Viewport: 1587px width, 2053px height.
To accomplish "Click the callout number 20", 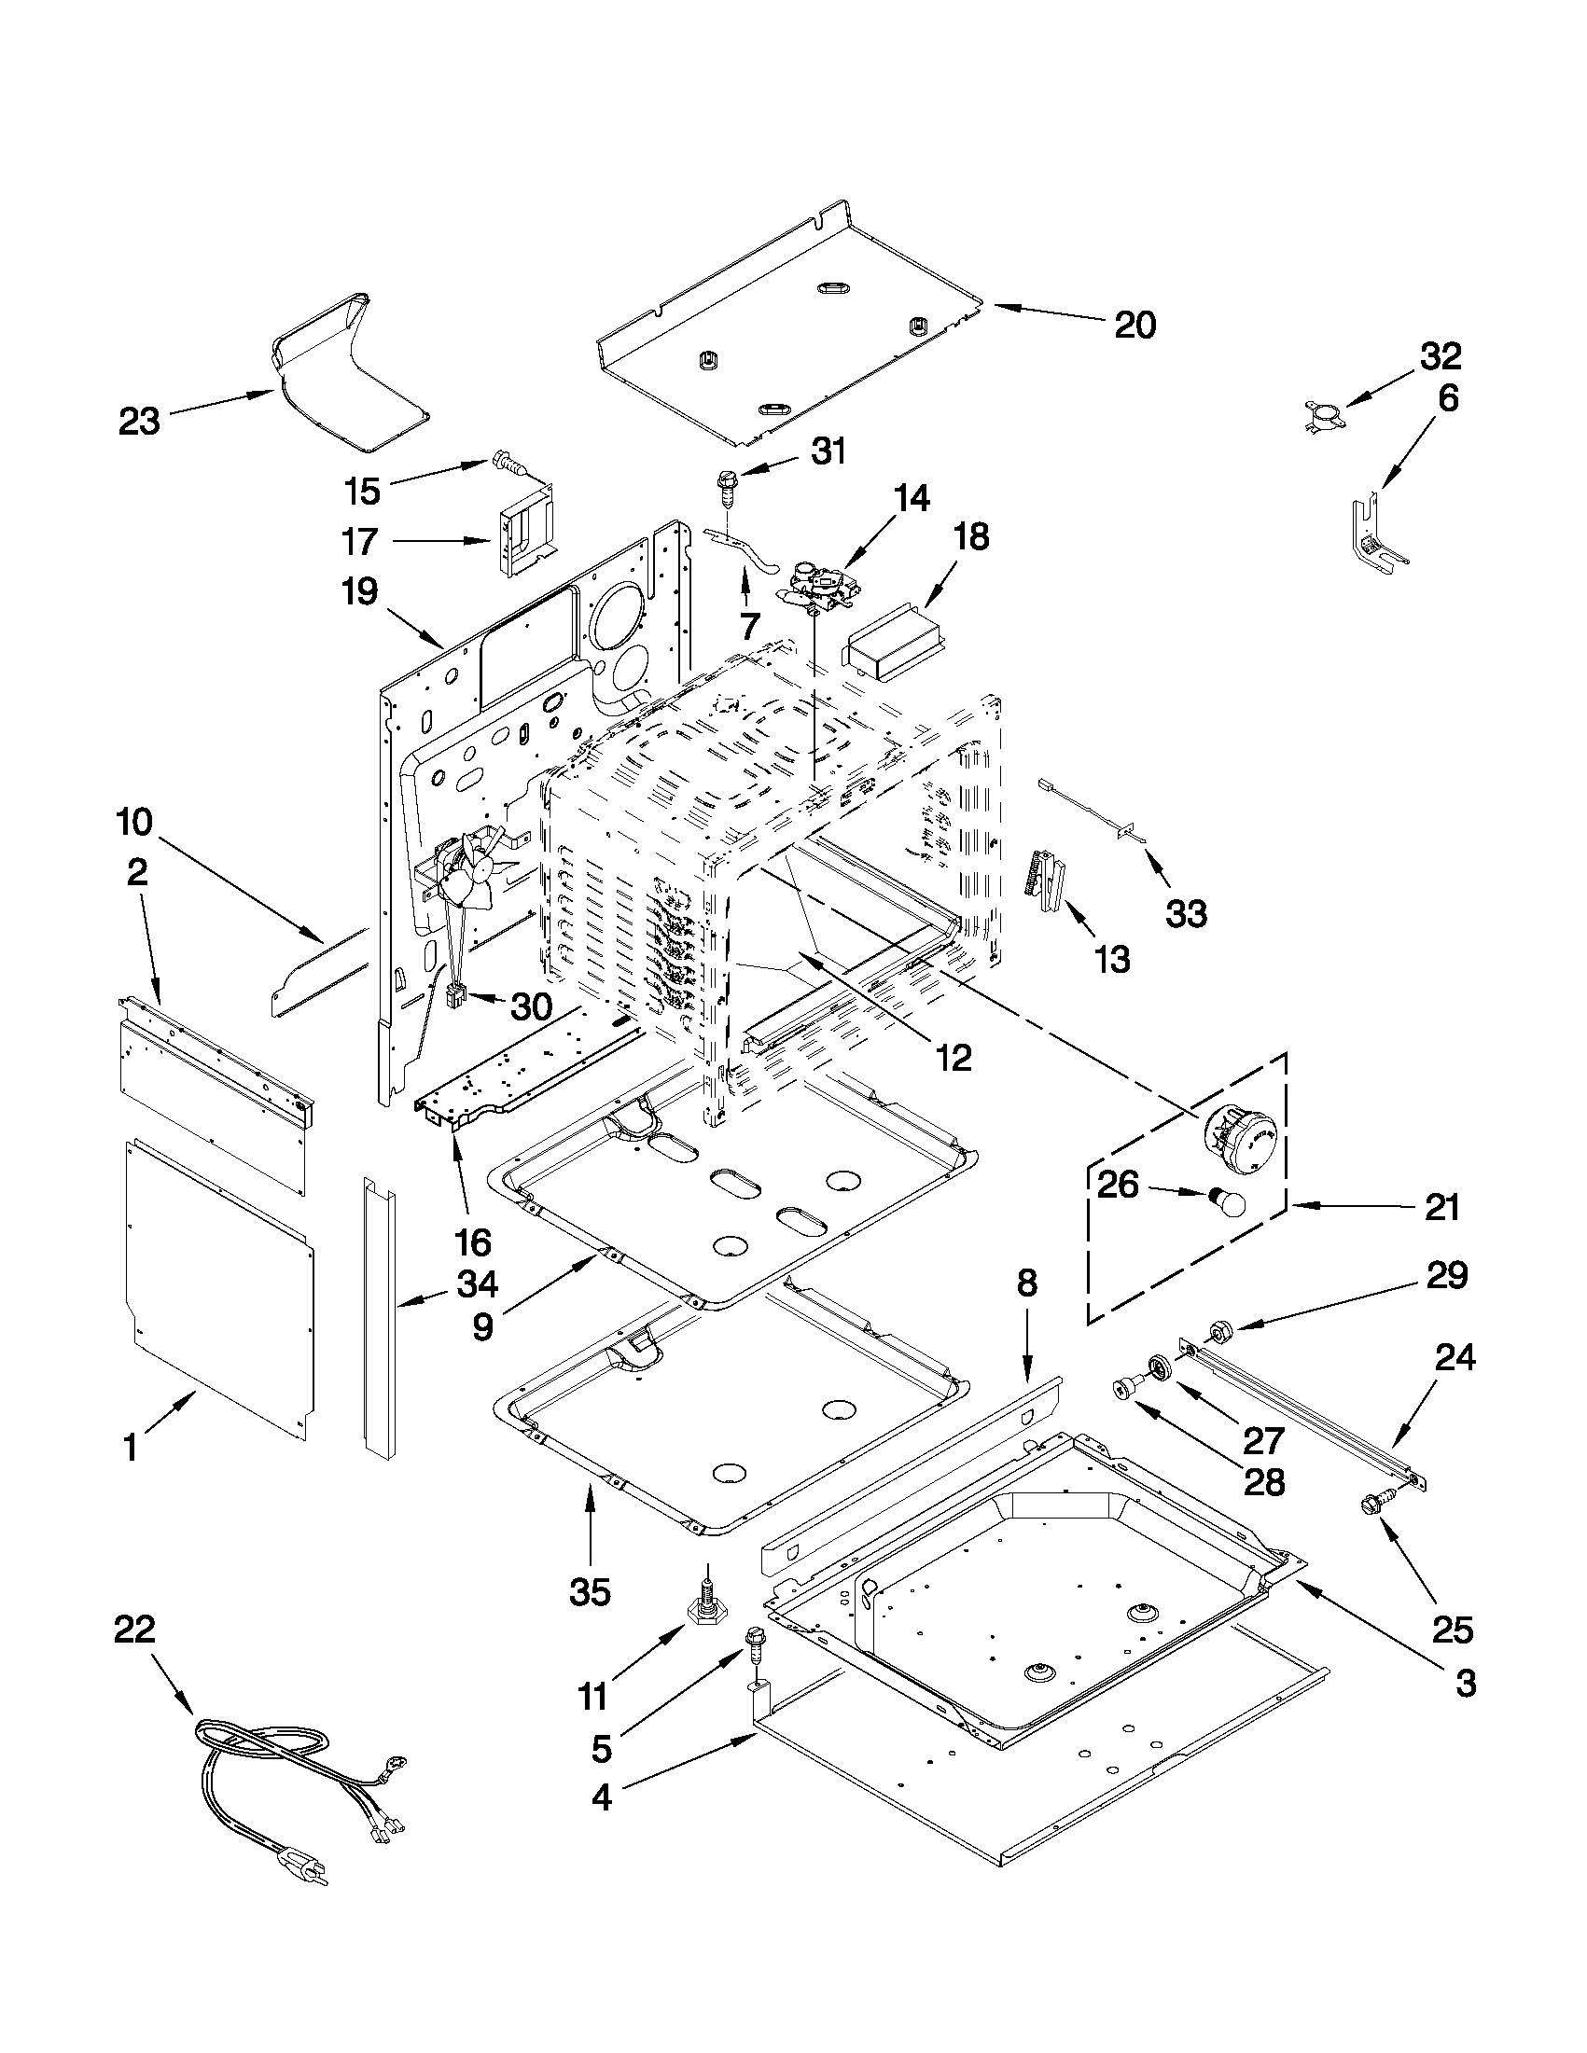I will tap(1135, 326).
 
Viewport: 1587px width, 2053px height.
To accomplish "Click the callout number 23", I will tap(139, 421).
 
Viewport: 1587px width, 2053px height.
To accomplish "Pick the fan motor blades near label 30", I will tap(470, 869).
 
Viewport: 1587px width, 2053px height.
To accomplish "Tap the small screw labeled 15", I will tap(508, 463).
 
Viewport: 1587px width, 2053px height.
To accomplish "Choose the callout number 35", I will tap(590, 1590).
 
